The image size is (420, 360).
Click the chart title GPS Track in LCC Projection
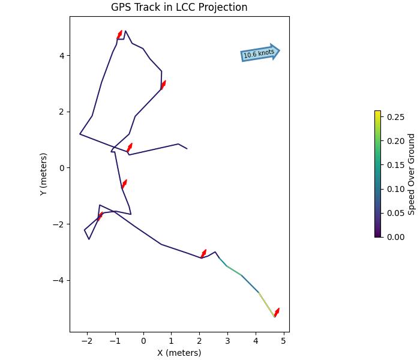coord(179,7)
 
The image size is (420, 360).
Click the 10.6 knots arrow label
coord(259,53)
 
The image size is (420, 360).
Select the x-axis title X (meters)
coord(179,353)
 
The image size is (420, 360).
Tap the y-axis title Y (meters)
coord(43,174)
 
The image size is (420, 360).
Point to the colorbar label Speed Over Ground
coord(412,174)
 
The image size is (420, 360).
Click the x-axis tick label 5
coord(284,341)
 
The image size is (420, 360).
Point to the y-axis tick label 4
coord(62,56)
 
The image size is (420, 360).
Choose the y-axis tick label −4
coord(59,280)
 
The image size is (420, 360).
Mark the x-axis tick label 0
coord(143,341)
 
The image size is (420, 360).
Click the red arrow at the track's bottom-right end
coord(277,312)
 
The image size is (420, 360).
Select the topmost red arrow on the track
coord(119,35)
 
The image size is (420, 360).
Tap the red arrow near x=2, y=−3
coord(203,254)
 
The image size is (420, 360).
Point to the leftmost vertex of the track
coord(80,134)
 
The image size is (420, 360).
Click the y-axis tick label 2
coord(62,112)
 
